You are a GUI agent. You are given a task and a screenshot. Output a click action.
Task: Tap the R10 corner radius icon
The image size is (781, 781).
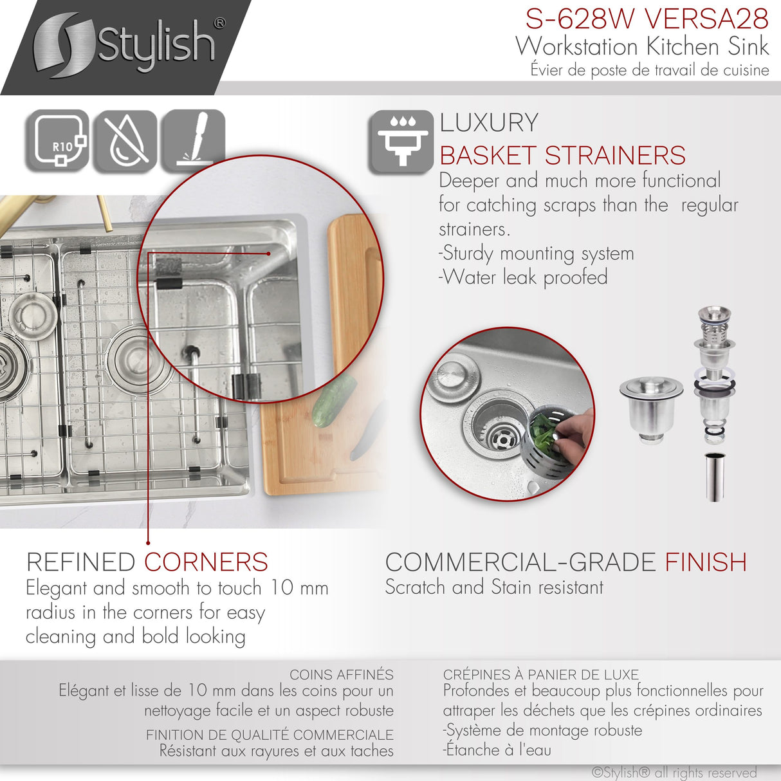pyautogui.click(x=58, y=142)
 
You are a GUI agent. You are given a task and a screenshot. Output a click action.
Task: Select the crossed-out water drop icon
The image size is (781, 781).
pyautogui.click(x=125, y=142)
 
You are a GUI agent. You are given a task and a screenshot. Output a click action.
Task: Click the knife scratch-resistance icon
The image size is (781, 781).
pyautogui.click(x=193, y=142)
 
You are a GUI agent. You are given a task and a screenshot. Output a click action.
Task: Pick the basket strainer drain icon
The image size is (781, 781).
pyautogui.click(x=401, y=142)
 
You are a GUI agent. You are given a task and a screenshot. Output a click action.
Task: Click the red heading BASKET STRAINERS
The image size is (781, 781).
pyautogui.click(x=562, y=156)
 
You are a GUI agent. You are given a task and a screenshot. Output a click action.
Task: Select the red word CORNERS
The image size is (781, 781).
pyautogui.click(x=206, y=562)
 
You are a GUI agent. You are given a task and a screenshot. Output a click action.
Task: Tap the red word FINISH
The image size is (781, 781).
pyautogui.click(x=706, y=562)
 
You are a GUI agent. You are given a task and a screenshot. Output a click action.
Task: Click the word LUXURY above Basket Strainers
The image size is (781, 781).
pyautogui.click(x=489, y=123)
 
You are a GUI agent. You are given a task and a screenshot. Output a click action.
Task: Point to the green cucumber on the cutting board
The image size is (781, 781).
pyautogui.click(x=334, y=401)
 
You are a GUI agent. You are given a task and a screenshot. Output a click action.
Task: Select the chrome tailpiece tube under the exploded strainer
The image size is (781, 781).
pyautogui.click(x=715, y=476)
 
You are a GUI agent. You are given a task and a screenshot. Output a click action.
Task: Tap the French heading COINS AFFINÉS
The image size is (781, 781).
pyautogui.click(x=341, y=675)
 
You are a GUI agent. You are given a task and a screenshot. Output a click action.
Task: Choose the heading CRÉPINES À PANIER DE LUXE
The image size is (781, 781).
pyautogui.click(x=540, y=675)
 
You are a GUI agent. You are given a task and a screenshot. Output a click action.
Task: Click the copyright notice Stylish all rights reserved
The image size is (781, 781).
pyautogui.click(x=674, y=773)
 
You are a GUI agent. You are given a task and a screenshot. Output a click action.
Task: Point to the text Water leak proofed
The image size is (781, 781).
pyautogui.click(x=524, y=277)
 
